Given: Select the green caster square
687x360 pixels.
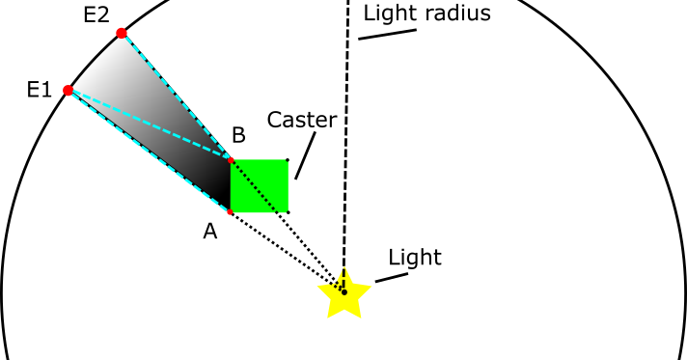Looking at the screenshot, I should pyautogui.click(x=261, y=185).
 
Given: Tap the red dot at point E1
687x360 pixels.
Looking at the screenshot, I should pyautogui.click(x=68, y=91).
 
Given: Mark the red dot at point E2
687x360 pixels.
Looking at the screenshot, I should pyautogui.click(x=122, y=34).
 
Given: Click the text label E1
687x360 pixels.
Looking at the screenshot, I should pyautogui.click(x=39, y=91).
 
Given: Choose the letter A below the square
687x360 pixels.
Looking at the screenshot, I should pyautogui.click(x=209, y=232).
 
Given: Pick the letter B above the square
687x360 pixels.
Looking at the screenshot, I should pyautogui.click(x=237, y=136).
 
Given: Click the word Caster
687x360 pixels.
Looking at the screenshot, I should pyautogui.click(x=302, y=121).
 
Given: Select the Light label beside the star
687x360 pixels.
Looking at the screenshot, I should pyautogui.click(x=414, y=258).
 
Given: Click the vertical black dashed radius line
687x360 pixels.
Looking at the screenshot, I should pyautogui.click(x=345, y=145).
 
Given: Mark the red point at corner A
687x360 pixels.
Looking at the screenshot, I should pyautogui.click(x=231, y=211).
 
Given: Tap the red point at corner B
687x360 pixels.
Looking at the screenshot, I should pyautogui.click(x=231, y=159).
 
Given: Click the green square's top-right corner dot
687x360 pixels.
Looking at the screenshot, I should pyautogui.click(x=288, y=159).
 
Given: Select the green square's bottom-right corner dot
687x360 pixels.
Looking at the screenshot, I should pyautogui.click(x=288, y=211).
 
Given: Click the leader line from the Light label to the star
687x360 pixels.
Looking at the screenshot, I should pyautogui.click(x=391, y=278).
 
